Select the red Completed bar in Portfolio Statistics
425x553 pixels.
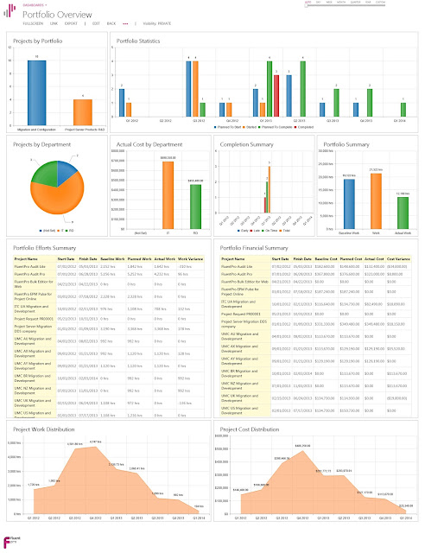pos(276,95)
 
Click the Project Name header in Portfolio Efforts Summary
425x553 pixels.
pos(27,258)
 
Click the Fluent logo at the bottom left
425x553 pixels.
pos(11,541)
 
